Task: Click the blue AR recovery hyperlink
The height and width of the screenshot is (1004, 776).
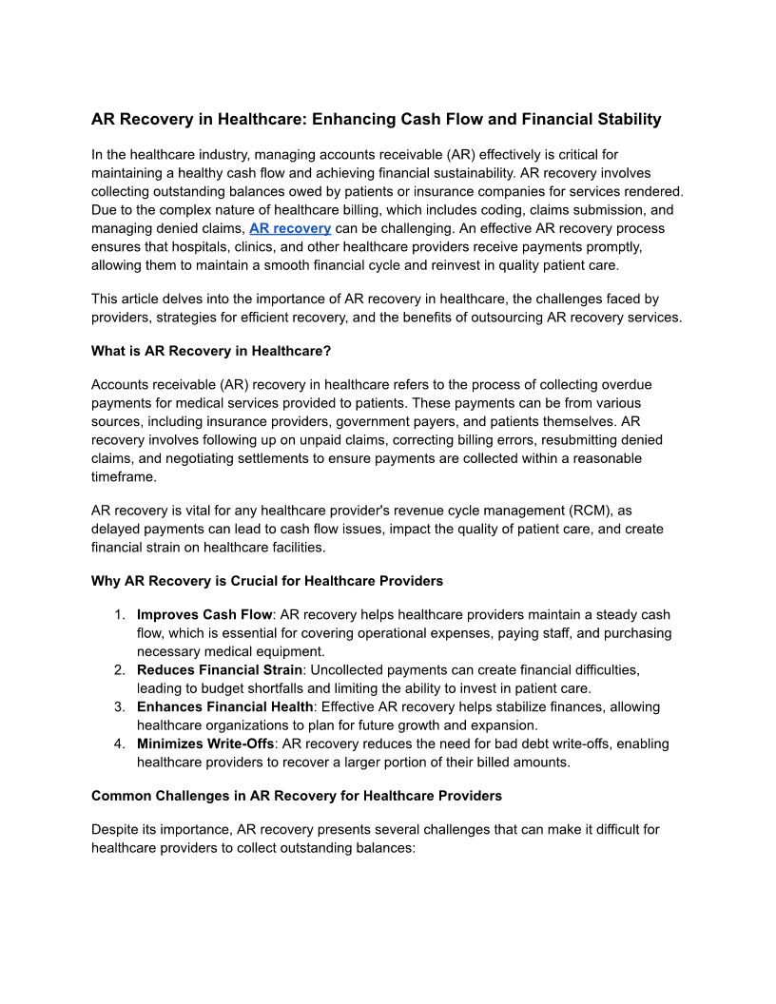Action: (290, 228)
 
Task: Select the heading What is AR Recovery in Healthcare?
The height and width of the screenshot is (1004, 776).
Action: (211, 351)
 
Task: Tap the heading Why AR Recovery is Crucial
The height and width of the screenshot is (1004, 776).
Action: (267, 581)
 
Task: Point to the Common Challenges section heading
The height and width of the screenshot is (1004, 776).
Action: (297, 796)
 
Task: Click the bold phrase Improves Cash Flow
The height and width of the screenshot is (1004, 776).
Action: (204, 615)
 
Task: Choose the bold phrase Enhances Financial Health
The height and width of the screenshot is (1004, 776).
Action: (224, 707)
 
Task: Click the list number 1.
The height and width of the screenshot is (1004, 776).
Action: (119, 615)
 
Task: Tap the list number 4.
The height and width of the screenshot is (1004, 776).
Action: (119, 743)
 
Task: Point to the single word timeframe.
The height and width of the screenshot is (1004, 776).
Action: (123, 477)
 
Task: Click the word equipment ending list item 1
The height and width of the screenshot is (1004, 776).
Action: (292, 652)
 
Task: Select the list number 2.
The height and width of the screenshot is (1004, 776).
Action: (119, 670)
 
